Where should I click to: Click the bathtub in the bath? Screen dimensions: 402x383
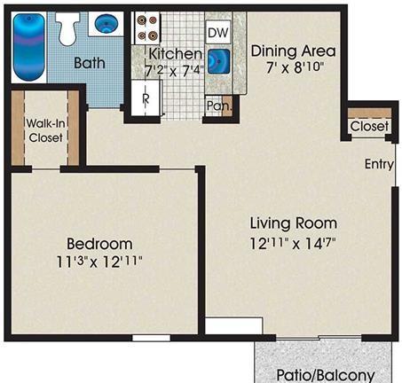coord(29,47)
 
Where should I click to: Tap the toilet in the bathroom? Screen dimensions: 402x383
coord(68,28)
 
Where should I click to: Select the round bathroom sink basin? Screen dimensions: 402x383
coord(106,23)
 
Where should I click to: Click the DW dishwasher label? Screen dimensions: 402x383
coord(218,33)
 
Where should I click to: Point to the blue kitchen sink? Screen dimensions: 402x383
coord(219,61)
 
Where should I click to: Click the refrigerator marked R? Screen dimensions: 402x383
coord(146,98)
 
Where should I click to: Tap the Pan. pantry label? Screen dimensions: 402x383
coord(218,106)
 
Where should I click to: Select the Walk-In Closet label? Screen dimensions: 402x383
coord(45,130)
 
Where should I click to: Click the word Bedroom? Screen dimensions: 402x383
coord(99,244)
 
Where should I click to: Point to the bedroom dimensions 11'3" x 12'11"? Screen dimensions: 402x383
coord(99,262)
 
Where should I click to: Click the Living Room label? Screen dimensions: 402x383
coord(294,223)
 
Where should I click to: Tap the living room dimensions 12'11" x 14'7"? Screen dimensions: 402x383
coord(293,244)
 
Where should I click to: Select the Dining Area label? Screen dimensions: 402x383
coord(294,51)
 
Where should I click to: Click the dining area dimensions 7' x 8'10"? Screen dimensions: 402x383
coord(295,67)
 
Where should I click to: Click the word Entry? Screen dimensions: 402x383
coord(379,164)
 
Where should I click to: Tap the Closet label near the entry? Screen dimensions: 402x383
coord(369,126)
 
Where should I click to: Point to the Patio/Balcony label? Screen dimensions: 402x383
coord(326,375)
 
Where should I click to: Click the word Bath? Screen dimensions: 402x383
coord(90,63)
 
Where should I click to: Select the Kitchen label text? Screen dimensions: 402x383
coord(176,54)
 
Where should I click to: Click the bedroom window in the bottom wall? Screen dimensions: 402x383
coord(151,338)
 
